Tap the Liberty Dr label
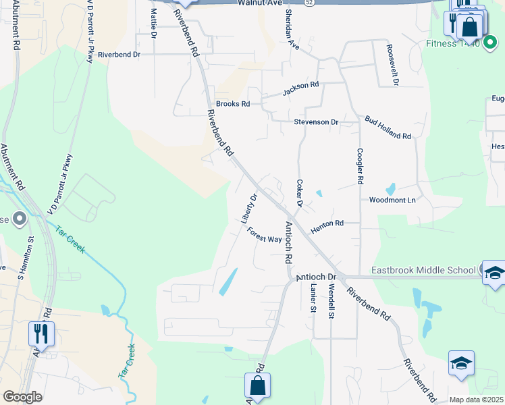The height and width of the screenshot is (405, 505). click(250, 209)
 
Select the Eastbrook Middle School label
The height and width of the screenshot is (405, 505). click(423, 271)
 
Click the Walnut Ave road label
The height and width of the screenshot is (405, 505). click(259, 3)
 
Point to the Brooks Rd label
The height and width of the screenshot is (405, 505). click(233, 104)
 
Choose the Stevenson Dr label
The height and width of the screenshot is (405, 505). click(316, 122)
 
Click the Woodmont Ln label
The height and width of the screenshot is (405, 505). click(392, 200)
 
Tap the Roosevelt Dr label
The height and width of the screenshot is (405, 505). click(393, 65)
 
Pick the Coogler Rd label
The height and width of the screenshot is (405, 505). click(360, 167)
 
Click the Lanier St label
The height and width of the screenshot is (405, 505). click(313, 297)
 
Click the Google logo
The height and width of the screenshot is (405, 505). click(22, 397)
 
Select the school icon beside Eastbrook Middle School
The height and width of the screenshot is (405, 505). click(494, 272)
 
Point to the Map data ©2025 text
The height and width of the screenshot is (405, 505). click(476, 400)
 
